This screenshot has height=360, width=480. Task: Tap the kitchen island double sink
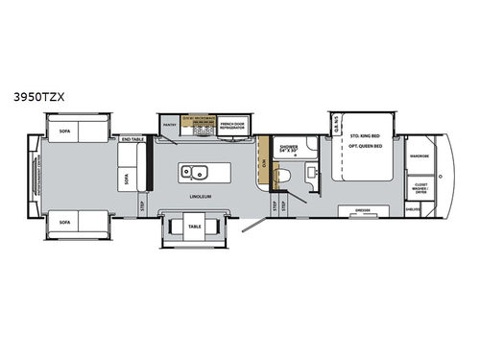197,174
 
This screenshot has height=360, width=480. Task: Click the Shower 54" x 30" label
287,150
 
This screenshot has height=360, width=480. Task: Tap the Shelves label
414,208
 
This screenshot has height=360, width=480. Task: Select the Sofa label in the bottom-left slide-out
64,220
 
